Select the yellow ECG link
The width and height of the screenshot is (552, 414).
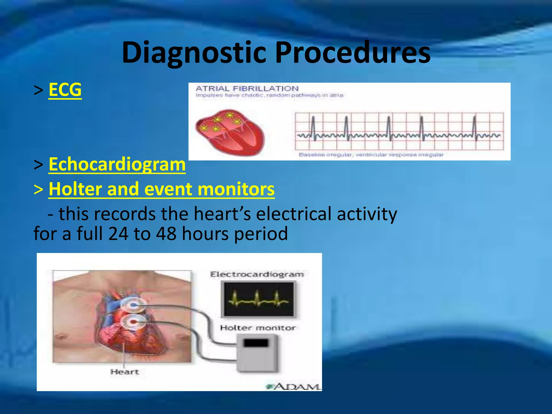pyautogui.click(x=65, y=89)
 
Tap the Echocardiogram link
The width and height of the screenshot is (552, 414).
pyautogui.click(x=117, y=164)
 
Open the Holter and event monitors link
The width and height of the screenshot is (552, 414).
pyautogui.click(x=161, y=189)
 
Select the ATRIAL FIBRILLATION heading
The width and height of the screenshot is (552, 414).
pyautogui.click(x=247, y=88)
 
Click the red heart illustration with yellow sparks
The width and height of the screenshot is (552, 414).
pyautogui.click(x=230, y=132)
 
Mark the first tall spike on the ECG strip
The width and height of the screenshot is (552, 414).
pyautogui.click(x=313, y=127)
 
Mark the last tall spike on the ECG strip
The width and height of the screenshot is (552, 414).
pyautogui.click(x=474, y=127)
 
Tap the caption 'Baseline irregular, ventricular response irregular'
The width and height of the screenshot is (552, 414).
pyautogui.click(x=371, y=155)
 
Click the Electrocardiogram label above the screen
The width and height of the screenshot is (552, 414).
pyautogui.click(x=257, y=274)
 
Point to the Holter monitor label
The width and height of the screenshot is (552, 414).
pyautogui.click(x=258, y=328)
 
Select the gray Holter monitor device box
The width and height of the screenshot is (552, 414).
pyautogui.click(x=257, y=353)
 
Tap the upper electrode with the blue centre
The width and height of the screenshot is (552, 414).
pyautogui.click(x=133, y=305)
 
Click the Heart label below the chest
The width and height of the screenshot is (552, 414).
pyautogui.click(x=125, y=372)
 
